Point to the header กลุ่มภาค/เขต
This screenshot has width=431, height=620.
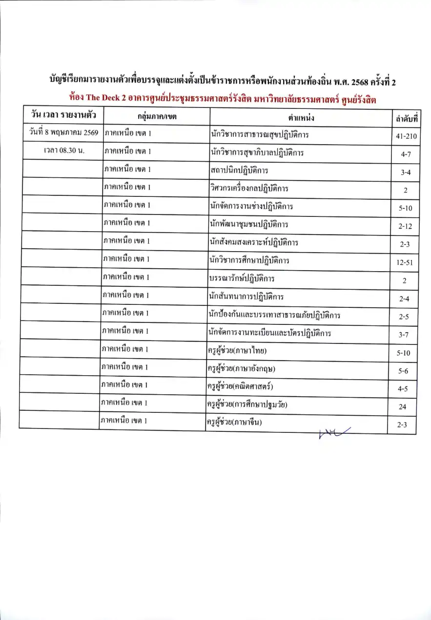pyautogui.click(x=157, y=117)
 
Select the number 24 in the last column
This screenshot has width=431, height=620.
pyautogui.click(x=402, y=406)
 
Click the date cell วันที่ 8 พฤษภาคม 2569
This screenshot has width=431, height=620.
pyautogui.click(x=63, y=132)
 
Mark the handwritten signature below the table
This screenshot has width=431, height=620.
pyautogui.click(x=333, y=431)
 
